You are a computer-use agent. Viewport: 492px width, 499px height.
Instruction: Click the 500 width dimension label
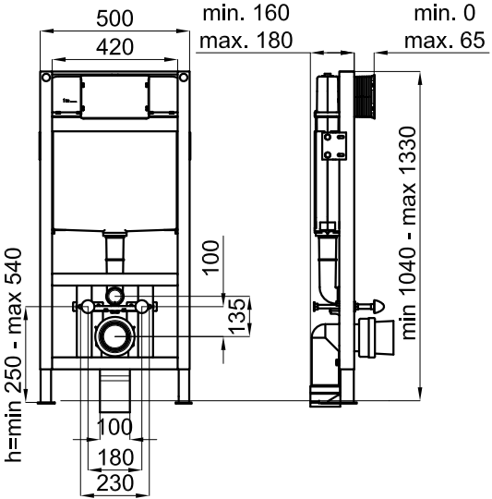[x=114, y=18]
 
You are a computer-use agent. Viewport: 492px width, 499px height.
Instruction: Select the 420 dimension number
[x=114, y=47]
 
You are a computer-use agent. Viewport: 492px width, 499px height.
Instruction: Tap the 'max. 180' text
[x=246, y=41]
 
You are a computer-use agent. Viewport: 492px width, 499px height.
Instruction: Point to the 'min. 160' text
[x=246, y=13]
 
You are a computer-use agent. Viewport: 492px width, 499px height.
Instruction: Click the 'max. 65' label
[x=444, y=41]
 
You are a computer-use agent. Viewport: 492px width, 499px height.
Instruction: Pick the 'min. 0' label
[x=444, y=13]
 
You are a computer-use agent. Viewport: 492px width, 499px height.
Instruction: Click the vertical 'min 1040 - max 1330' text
[x=409, y=233]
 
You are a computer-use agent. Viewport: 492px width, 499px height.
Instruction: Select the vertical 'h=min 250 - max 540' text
[x=13, y=355]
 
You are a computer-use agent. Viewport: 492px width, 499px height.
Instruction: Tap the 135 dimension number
[x=237, y=316]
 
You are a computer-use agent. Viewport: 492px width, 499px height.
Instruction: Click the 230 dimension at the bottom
[x=114, y=483]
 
